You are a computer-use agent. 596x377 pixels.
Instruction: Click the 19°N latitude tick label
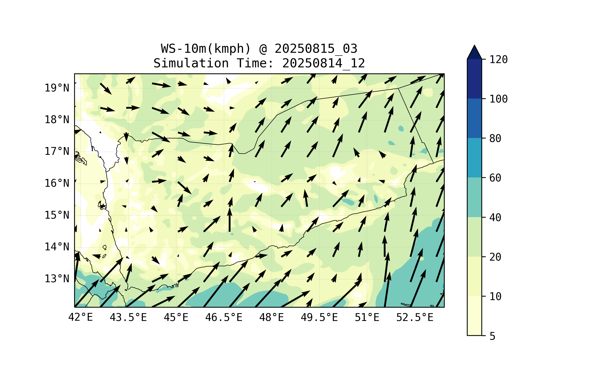[x=57, y=88]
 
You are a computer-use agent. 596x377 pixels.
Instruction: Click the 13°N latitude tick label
[x=57, y=279]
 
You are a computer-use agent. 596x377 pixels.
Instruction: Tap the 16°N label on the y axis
[x=57, y=183]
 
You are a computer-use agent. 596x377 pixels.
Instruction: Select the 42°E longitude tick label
[x=80, y=317]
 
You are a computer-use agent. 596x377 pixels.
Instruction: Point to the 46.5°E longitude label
[x=224, y=317]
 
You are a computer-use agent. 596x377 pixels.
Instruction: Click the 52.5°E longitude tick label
[x=415, y=317]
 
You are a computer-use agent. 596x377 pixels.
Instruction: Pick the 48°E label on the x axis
[x=271, y=317]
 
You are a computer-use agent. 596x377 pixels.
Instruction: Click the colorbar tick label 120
[x=498, y=60]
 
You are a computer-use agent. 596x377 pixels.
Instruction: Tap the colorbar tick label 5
[x=492, y=336]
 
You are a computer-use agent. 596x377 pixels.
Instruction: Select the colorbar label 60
[x=495, y=178]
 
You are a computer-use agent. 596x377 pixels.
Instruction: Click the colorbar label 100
[x=498, y=99]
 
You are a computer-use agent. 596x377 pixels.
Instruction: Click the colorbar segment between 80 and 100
[x=474, y=118]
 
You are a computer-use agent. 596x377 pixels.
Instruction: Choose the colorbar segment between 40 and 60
[x=474, y=197]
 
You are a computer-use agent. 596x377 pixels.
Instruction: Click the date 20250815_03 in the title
[x=316, y=49]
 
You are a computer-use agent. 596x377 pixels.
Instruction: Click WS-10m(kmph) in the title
[x=206, y=49]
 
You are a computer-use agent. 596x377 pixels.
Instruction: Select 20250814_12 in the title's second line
[x=323, y=63]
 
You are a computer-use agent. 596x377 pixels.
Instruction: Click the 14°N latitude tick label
[x=57, y=247]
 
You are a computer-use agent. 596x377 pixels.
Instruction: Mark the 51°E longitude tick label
[x=367, y=317]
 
